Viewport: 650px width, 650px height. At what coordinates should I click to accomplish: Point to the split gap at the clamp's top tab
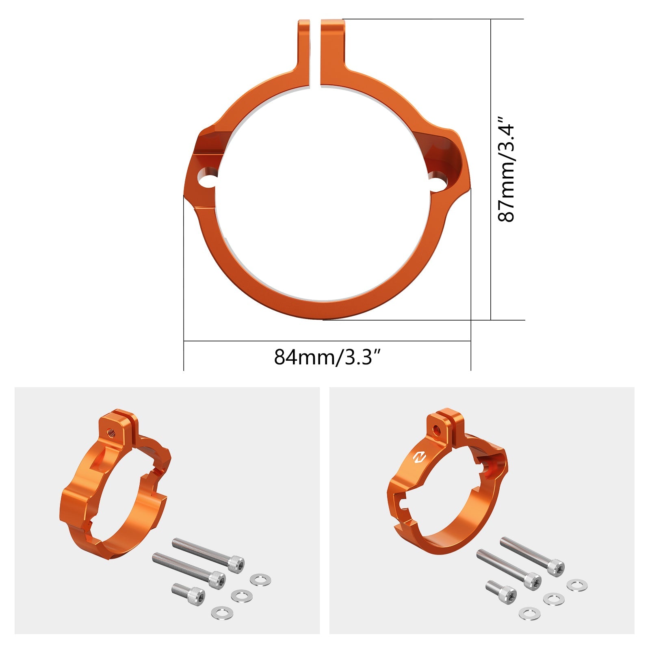[x=315, y=53]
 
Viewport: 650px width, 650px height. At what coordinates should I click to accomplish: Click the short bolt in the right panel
[x=501, y=591]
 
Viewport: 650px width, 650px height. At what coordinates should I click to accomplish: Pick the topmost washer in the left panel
[x=260, y=580]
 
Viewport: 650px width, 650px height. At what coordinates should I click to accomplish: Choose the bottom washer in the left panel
[x=222, y=612]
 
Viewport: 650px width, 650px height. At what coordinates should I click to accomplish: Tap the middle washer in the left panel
[x=241, y=596]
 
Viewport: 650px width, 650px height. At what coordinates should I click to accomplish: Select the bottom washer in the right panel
[x=529, y=613]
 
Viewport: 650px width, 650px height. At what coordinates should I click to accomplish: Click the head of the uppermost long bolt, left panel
[x=236, y=564]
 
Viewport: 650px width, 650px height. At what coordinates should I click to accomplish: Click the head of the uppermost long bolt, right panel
[x=555, y=568]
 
